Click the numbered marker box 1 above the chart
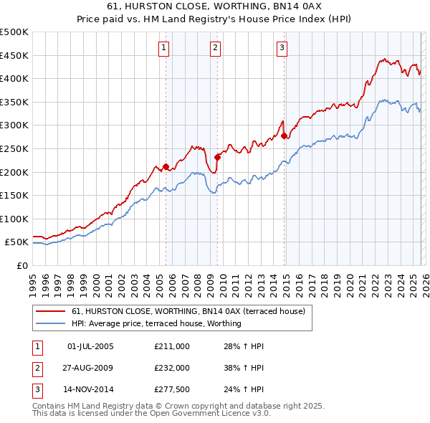pos(164,48)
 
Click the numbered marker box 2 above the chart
pos(215,48)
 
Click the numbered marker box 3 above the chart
pos(282,48)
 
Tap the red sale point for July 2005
pos(166,167)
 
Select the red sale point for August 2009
pos(218,157)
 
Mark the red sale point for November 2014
pos(285,136)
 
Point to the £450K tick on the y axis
pos(14,55)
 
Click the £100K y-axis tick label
pos(14,219)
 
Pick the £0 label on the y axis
pos(21,265)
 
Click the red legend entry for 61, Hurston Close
pos(188,311)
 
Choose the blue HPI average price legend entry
pos(156,323)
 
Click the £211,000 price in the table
pos(172,346)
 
